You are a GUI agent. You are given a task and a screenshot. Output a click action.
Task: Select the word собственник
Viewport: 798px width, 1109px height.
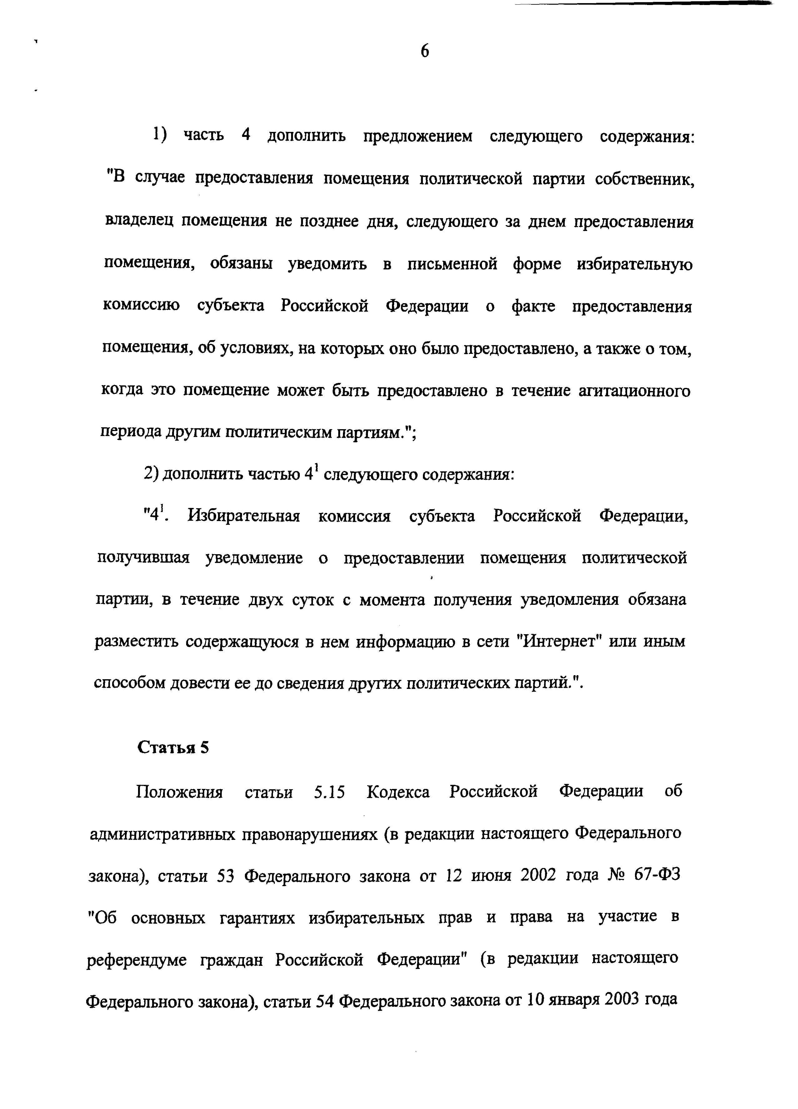click(645, 179)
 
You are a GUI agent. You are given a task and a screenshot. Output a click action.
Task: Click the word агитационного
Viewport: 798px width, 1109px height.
click(634, 391)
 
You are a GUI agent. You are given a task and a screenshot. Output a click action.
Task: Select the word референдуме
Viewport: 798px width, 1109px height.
click(136, 959)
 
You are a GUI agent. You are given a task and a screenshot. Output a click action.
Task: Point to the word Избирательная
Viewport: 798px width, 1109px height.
click(243, 516)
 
